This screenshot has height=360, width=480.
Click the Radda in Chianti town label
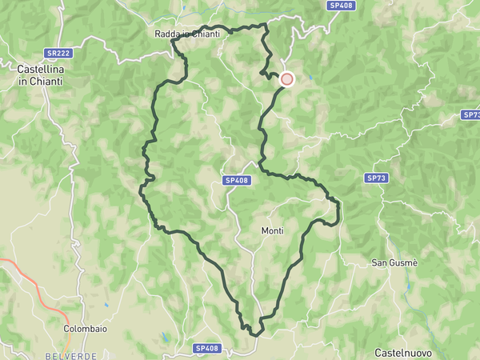[x=188, y=34]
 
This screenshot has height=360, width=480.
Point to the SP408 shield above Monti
[x=238, y=181]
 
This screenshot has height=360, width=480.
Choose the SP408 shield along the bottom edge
[x=206, y=348]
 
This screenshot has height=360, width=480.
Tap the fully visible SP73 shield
[x=376, y=177]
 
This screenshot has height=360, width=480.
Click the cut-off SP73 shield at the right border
[x=472, y=114]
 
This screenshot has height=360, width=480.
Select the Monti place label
[x=273, y=231]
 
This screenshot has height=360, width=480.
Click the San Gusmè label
[x=398, y=262]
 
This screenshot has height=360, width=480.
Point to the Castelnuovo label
[x=405, y=352]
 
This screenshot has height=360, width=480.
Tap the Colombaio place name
[x=86, y=328]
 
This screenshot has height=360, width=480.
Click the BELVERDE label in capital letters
[x=70, y=354]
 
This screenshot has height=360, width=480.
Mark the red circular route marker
[x=286, y=79]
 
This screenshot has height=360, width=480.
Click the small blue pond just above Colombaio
[x=106, y=305]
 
